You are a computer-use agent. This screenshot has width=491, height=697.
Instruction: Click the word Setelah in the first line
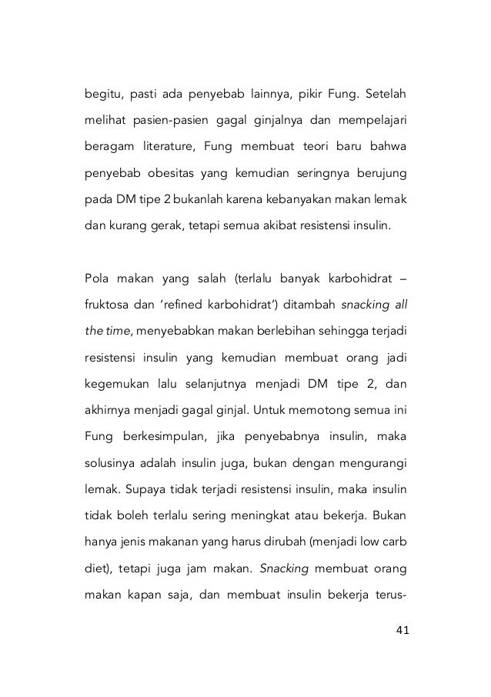[x=385, y=98]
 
